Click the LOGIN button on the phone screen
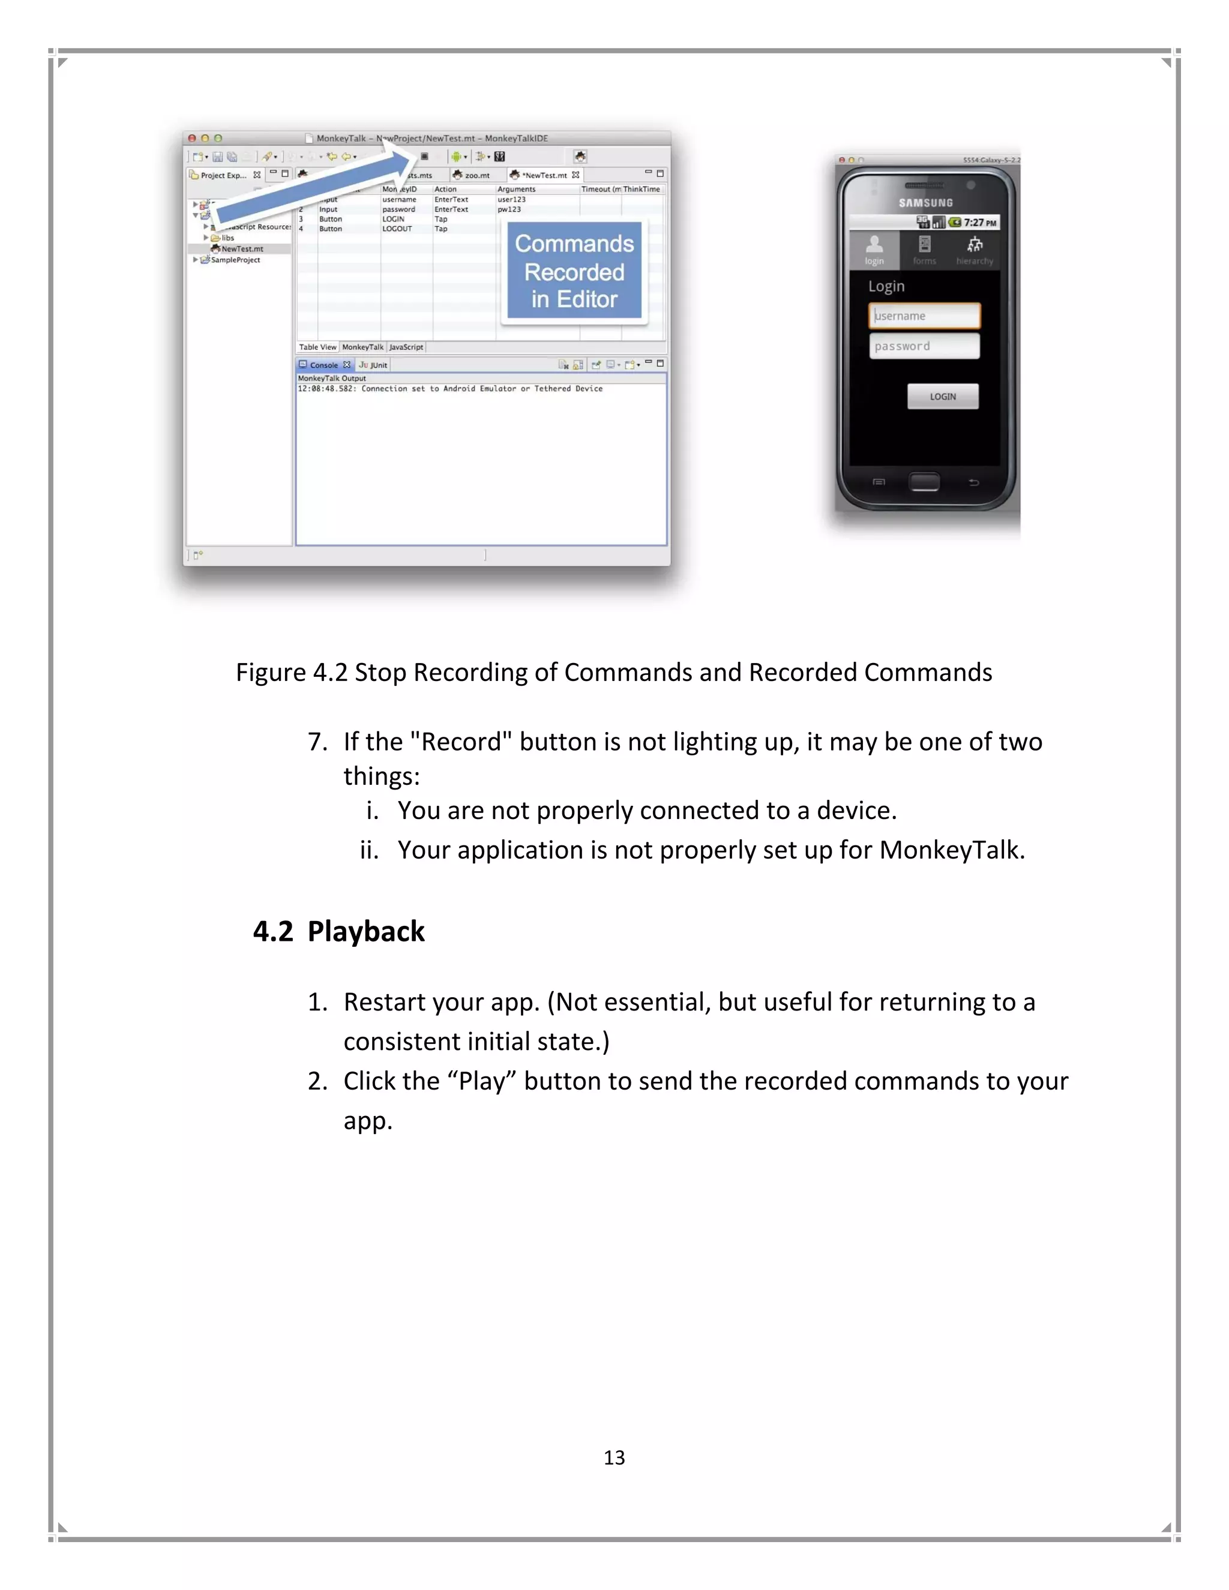pos(942,396)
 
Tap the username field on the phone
pos(924,316)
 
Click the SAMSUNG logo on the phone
pos(925,203)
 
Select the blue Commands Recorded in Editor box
pos(574,271)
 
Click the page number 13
pos(614,1457)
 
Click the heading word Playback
pos(365,931)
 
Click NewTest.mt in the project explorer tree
pos(242,249)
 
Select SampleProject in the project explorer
pos(235,260)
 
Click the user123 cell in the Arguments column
pos(511,199)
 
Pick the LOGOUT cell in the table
pos(397,229)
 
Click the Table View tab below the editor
pos(317,347)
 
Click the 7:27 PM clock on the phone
pos(979,223)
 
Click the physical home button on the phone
pos(924,481)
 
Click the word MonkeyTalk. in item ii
pos(952,850)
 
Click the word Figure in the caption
pos(271,672)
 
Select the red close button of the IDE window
pos(192,139)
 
